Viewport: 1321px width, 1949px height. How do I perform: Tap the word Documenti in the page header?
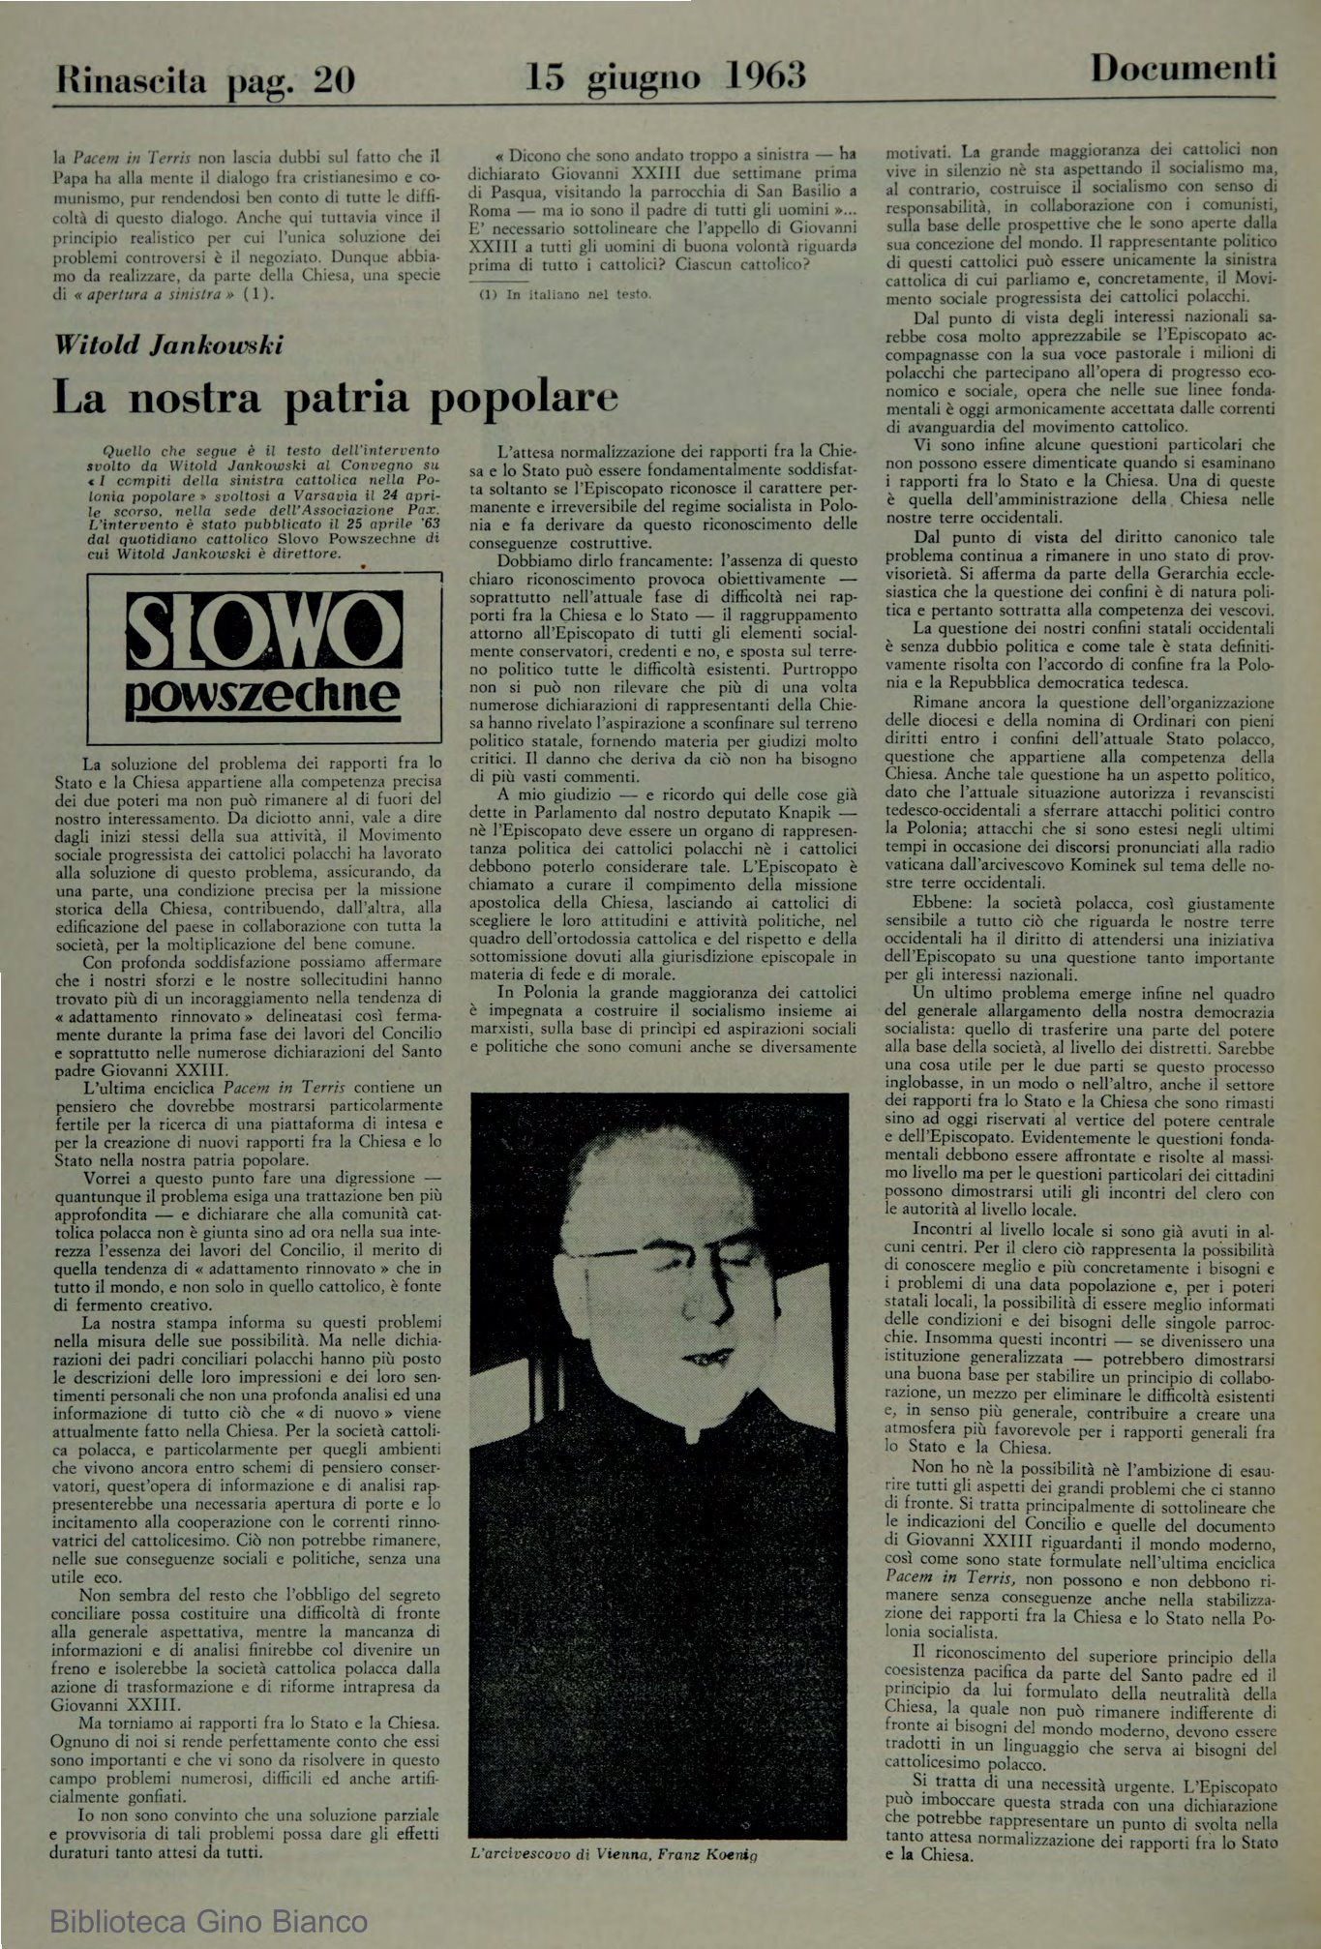(x=1183, y=68)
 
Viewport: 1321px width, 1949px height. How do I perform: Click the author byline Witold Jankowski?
(x=168, y=345)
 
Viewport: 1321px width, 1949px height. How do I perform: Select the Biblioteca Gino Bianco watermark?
(x=208, y=1919)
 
